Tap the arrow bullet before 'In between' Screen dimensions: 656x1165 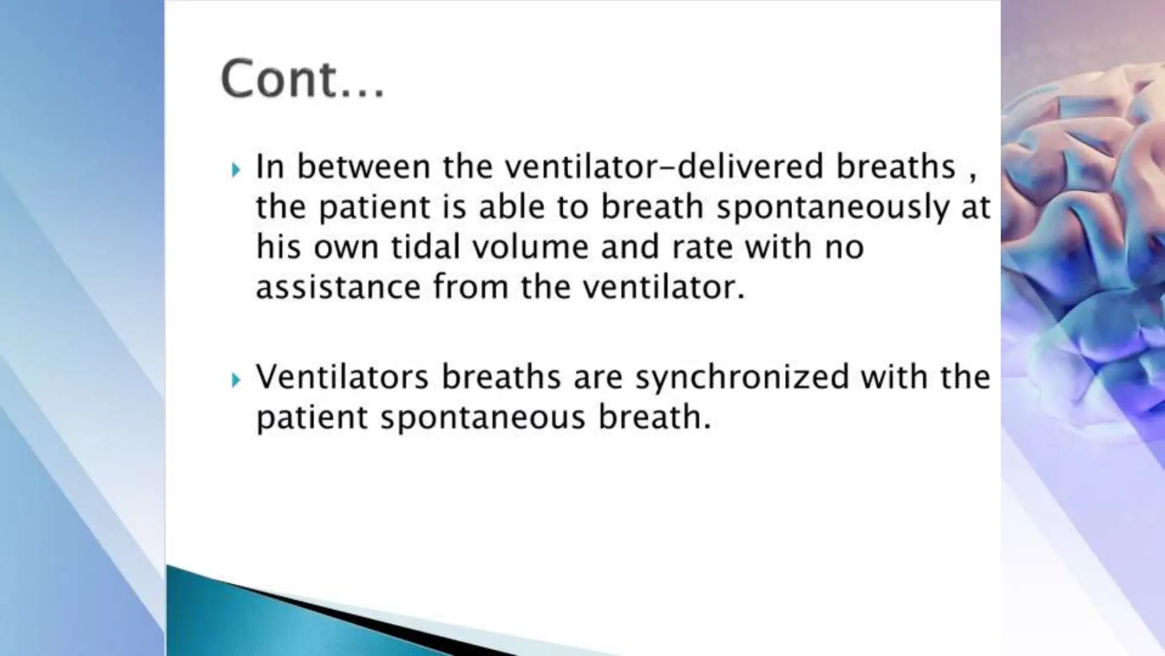pyautogui.click(x=236, y=169)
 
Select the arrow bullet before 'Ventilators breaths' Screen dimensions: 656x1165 pyautogui.click(x=236, y=380)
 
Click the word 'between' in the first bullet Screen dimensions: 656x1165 pyautogui.click(x=363, y=167)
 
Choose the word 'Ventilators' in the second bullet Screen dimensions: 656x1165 pyautogui.click(x=342, y=377)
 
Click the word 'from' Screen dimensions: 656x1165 pyautogui.click(x=470, y=287)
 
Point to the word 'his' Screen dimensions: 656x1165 pyautogui.click(x=278, y=247)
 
